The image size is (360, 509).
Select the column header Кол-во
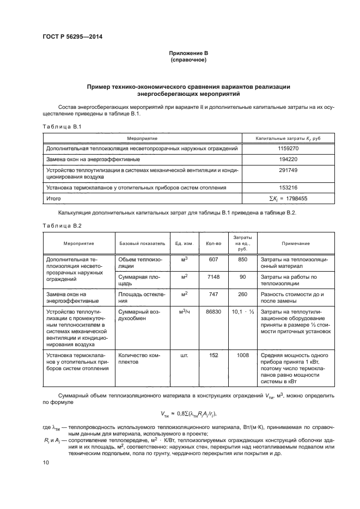[213, 243]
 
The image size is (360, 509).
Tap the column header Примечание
[295, 243]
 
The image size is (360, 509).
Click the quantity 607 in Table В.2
[213, 260]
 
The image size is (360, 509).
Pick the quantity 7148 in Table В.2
[213, 277]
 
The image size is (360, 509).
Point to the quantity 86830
[213, 312]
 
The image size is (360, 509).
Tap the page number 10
[46, 462]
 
